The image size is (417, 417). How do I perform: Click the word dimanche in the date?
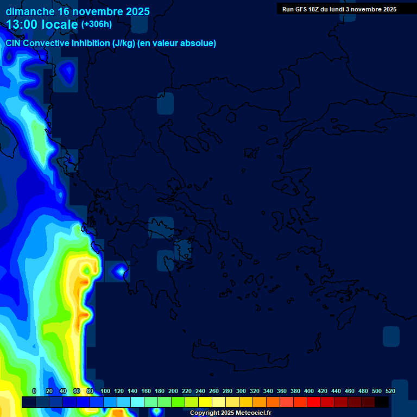click(30, 11)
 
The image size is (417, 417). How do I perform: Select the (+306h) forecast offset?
click(96, 24)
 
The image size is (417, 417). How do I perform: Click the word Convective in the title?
click(47, 43)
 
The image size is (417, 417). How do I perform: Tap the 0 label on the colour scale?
click(34, 391)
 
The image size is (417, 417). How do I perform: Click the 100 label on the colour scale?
click(105, 391)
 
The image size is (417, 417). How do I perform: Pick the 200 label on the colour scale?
click(173, 391)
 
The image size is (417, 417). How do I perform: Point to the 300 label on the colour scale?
click(241, 391)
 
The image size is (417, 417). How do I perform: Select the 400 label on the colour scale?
click(309, 391)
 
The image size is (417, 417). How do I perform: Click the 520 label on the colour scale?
click(390, 391)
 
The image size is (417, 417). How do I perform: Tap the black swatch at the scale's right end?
click(382, 402)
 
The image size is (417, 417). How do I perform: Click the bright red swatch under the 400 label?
click(314, 402)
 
